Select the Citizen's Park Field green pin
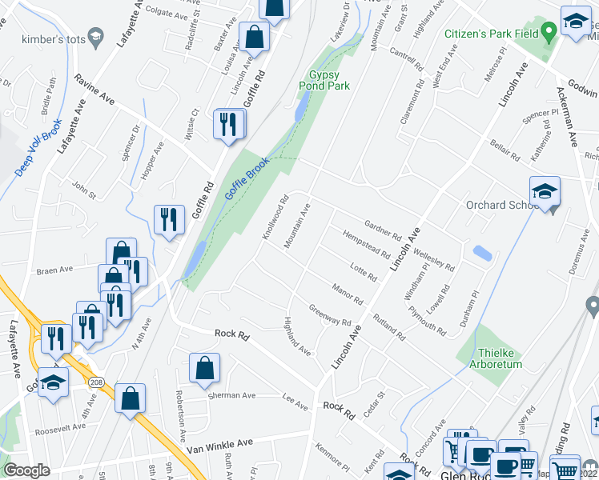point(549,33)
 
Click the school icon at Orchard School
point(545,192)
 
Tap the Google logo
point(26,470)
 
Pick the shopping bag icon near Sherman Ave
point(204,368)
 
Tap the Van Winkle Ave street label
point(219,444)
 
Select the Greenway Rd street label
point(330,317)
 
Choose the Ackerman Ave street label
point(567,116)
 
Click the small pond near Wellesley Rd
point(482,253)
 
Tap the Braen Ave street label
point(54,270)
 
